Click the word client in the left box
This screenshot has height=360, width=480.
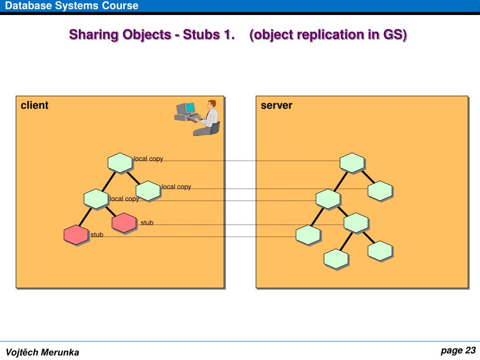(x=34, y=105)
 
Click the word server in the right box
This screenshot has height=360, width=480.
(x=277, y=105)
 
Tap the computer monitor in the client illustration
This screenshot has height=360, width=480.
(x=189, y=109)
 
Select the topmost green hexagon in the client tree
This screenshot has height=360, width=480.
(x=120, y=163)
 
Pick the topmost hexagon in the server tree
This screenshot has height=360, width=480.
(x=352, y=163)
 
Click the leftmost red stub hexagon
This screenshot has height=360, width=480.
(x=76, y=235)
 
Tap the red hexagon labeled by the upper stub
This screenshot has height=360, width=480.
(x=124, y=223)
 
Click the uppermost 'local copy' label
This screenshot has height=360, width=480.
(x=149, y=159)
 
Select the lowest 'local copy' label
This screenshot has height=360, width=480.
(x=124, y=199)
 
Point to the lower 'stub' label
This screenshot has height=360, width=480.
(x=97, y=235)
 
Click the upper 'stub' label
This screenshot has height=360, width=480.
(x=147, y=223)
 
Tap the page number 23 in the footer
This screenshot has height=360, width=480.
(x=470, y=351)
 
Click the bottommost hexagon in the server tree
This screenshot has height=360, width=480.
(x=336, y=259)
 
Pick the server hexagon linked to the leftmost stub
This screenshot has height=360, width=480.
(x=308, y=235)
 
